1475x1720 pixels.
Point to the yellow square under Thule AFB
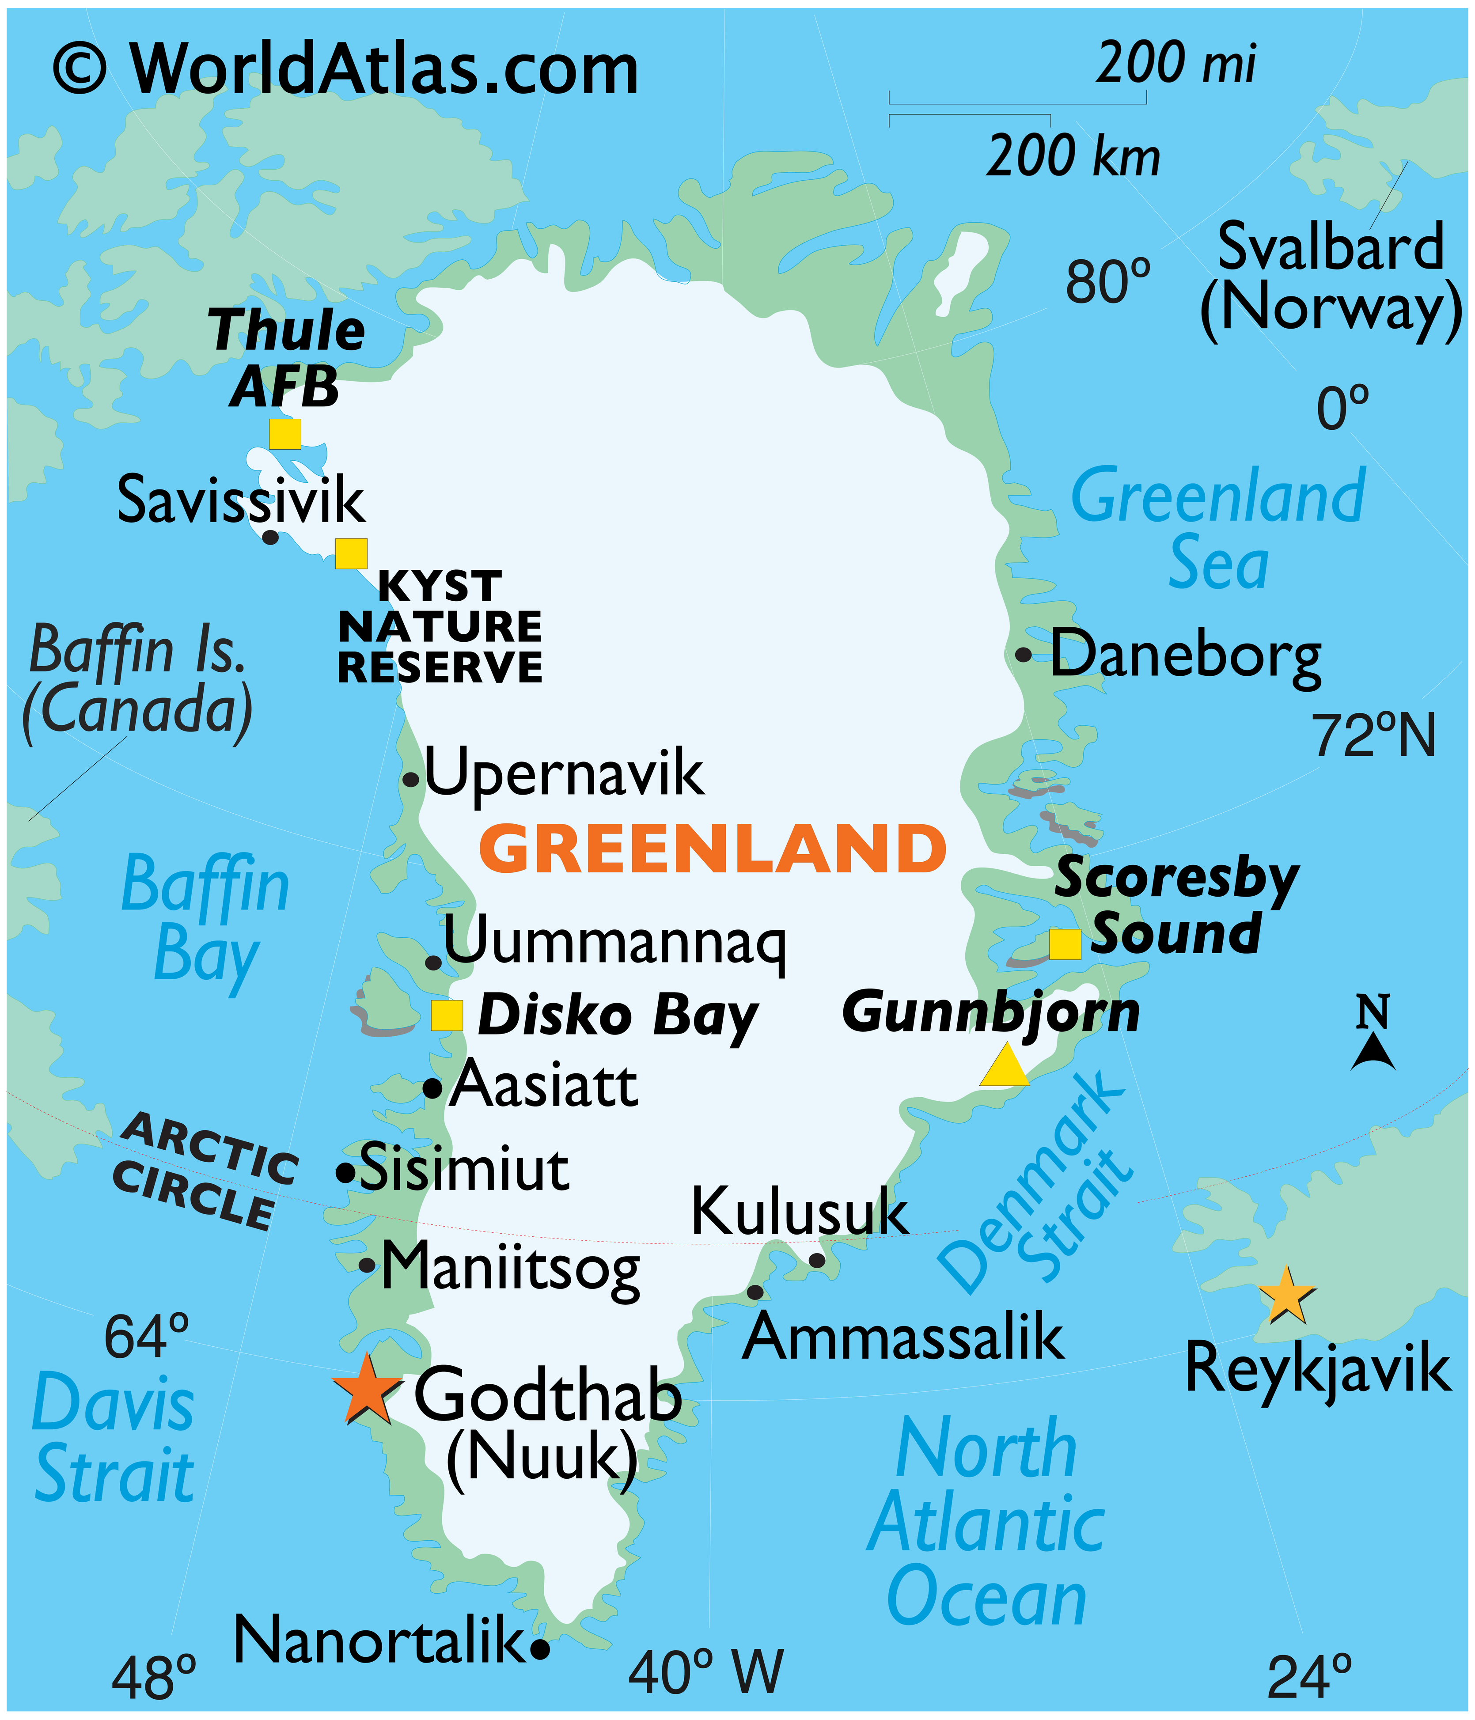[x=285, y=433]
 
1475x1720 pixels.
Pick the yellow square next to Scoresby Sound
[x=1065, y=944]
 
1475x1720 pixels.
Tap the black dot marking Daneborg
[x=1024, y=654]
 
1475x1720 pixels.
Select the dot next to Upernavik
[x=410, y=780]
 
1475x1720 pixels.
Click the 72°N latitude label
[x=1374, y=735]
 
